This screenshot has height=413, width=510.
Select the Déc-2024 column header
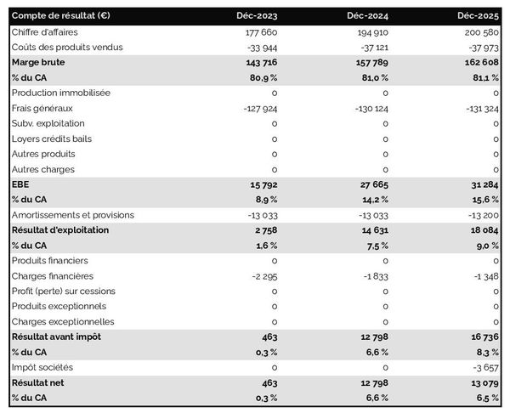pyautogui.click(x=367, y=16)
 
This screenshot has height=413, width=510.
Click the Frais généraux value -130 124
pyautogui.click(x=368, y=108)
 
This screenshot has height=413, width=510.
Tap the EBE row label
pyautogui.click(x=20, y=184)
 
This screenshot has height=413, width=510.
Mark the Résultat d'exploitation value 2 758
pyautogui.click(x=263, y=230)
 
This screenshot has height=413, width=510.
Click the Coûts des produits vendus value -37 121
pyautogui.click(x=371, y=47)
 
